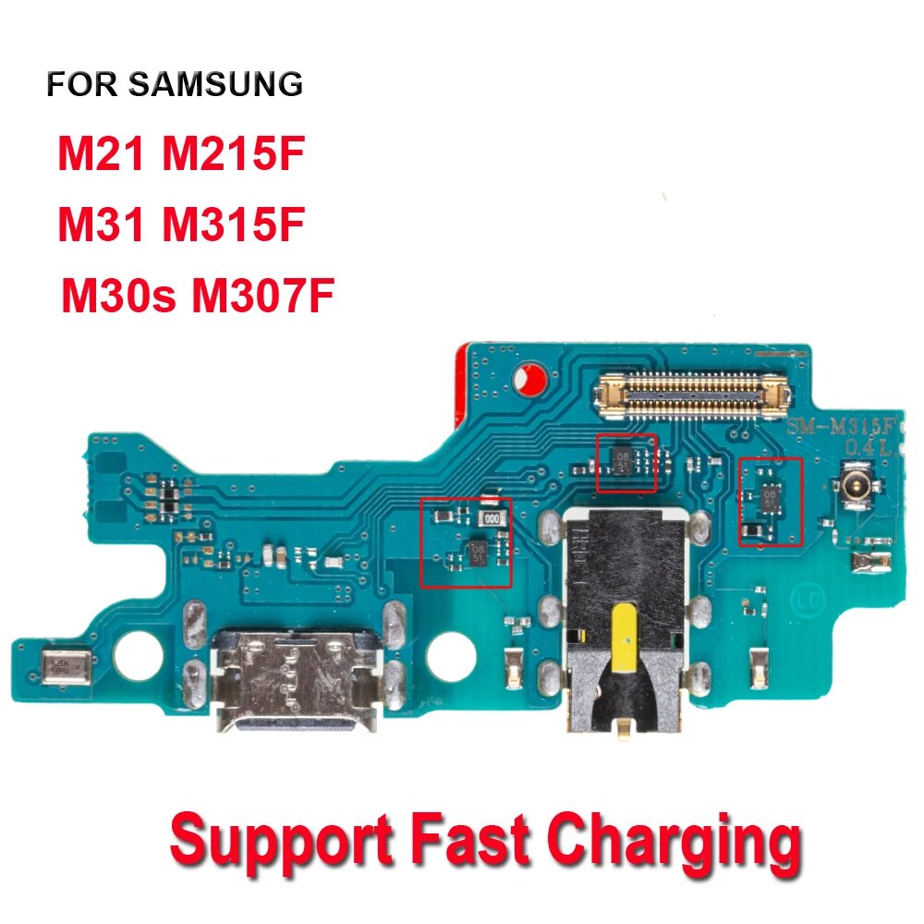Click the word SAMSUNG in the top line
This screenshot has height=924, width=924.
(x=215, y=84)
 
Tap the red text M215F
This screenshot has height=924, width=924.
(x=233, y=154)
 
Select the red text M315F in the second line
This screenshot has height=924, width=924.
(x=233, y=225)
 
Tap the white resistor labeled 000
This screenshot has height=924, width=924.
(x=497, y=519)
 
